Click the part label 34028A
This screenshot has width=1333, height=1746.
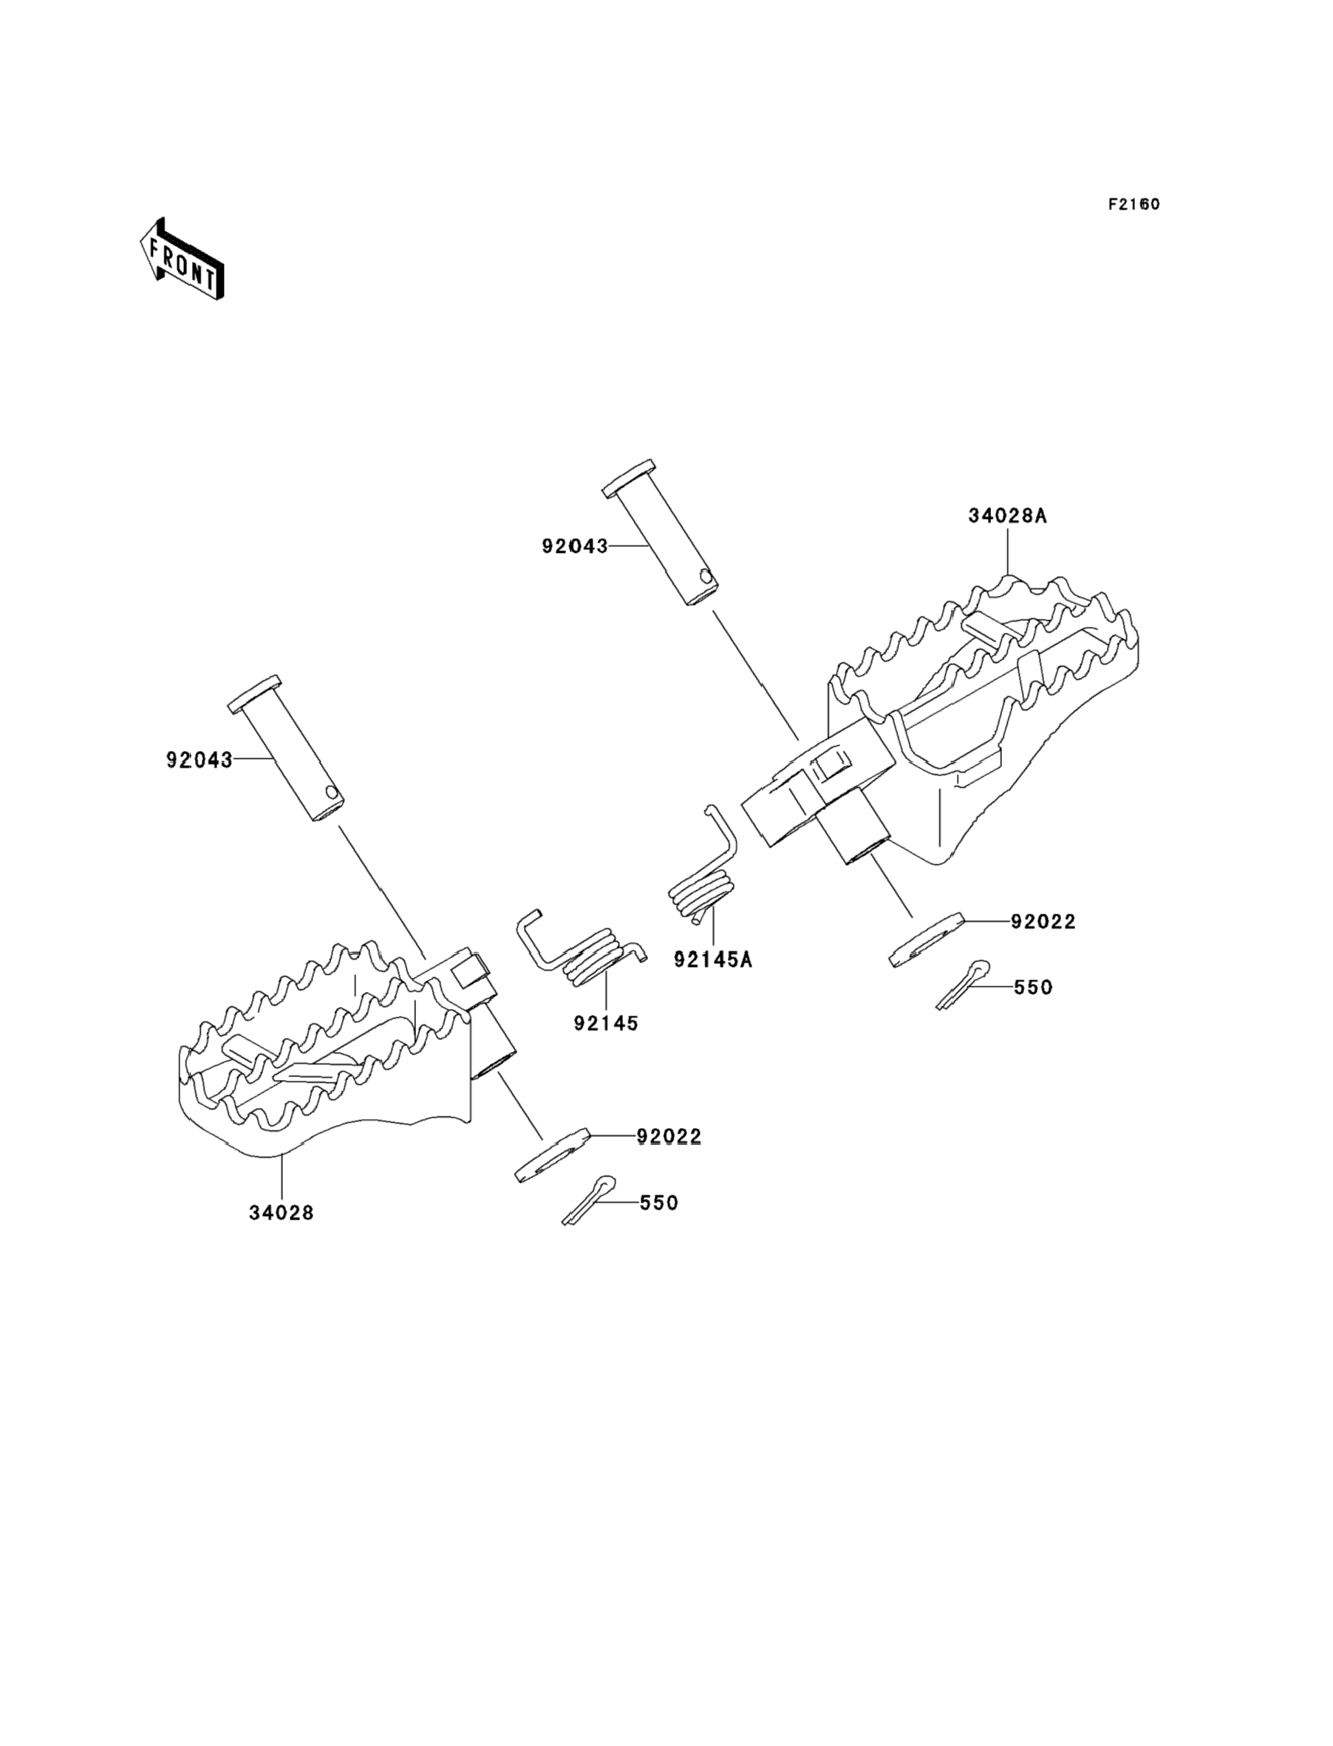[1007, 516]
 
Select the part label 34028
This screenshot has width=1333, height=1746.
[282, 1214]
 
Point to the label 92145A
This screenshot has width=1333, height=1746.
[712, 959]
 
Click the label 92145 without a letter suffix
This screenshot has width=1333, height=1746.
[606, 1024]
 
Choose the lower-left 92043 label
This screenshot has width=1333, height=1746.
[200, 761]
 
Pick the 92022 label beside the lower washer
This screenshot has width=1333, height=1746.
[669, 1138]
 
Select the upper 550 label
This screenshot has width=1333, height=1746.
[1032, 988]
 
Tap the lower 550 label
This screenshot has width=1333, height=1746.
[658, 1203]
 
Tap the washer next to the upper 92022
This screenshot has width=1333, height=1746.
[926, 939]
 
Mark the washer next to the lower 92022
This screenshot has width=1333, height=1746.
[553, 1155]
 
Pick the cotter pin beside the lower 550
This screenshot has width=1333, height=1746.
[589, 1199]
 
